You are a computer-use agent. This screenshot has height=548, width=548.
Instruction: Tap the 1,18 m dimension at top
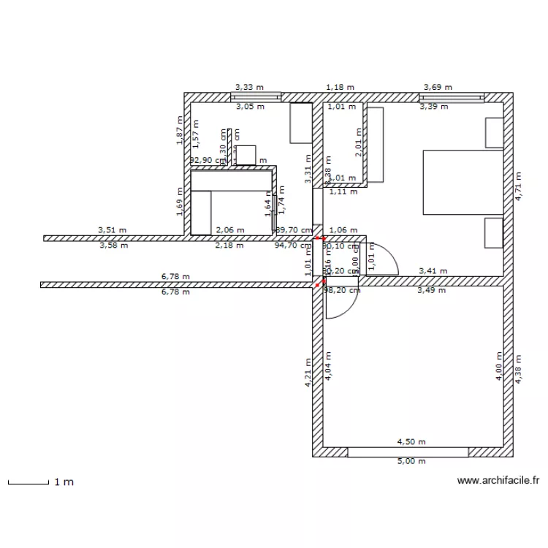340,87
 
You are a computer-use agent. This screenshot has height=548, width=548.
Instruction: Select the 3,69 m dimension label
437,87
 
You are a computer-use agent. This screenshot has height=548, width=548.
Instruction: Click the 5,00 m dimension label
411,461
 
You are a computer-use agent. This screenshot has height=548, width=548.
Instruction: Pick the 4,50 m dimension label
411,442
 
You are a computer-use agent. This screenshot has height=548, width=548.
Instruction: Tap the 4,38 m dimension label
518,370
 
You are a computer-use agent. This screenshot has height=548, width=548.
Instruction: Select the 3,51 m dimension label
112,230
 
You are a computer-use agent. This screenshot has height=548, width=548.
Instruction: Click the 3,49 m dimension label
431,290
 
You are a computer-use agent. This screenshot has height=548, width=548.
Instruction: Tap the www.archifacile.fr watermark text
498,481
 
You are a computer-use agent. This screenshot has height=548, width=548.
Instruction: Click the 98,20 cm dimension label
342,290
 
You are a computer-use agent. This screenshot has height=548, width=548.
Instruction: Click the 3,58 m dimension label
113,246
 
